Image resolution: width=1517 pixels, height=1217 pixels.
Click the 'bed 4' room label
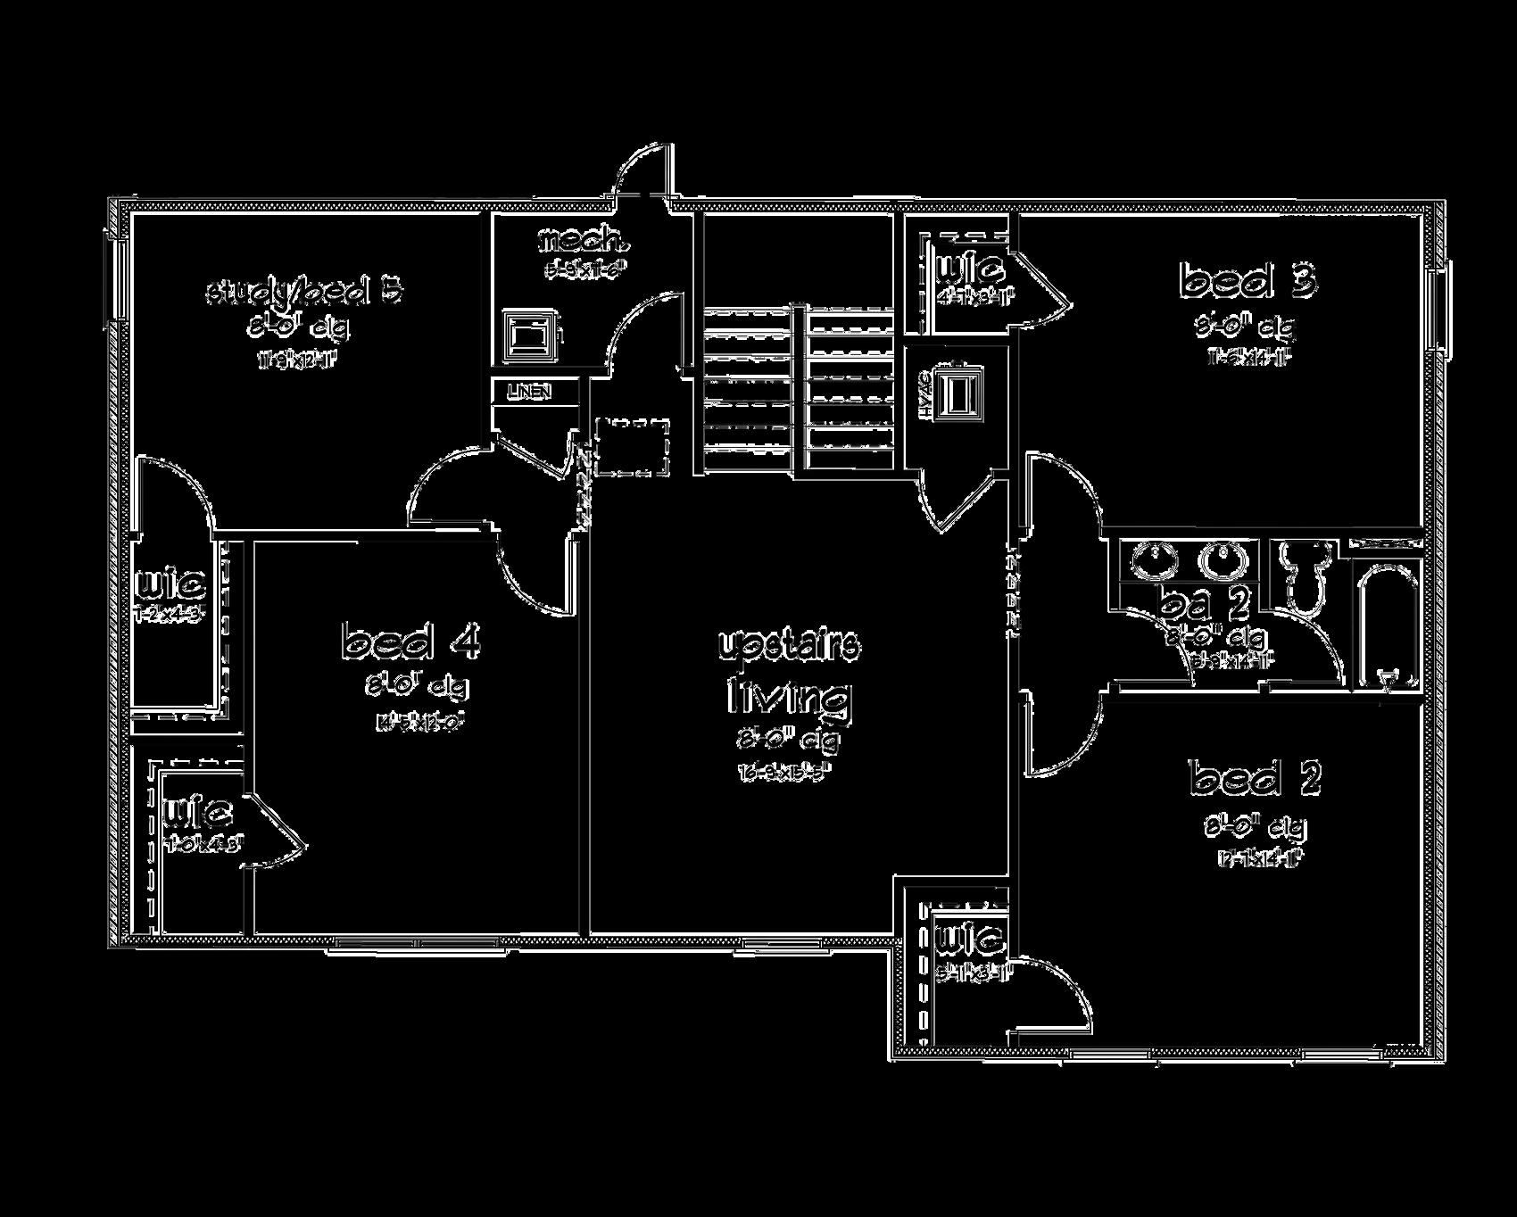pos(410,642)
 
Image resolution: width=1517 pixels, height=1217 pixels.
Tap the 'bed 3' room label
pos(1248,281)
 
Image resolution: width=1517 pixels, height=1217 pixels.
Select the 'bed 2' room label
pos(1255,778)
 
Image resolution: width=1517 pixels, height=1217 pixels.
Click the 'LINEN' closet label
pos(529,392)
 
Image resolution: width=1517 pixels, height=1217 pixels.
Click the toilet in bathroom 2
pos(1305,575)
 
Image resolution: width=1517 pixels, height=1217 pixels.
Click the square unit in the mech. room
pos(530,335)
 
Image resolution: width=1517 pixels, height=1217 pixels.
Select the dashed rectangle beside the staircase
pos(632,446)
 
